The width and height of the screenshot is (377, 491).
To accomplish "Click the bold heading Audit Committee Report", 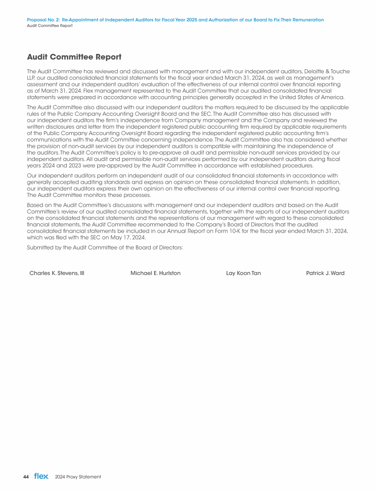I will click(x=74, y=57).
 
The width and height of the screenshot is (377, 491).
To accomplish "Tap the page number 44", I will click(x=26, y=477).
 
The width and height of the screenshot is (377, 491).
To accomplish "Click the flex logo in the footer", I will click(x=41, y=476).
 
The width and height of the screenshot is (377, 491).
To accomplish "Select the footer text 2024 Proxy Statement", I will click(x=78, y=477).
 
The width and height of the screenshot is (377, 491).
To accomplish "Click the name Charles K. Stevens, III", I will click(x=57, y=273).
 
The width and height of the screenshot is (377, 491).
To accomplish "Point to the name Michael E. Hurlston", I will click(x=156, y=273).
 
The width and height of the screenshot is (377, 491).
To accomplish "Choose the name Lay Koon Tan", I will click(x=240, y=273).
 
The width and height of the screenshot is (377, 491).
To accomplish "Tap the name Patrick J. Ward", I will click(x=325, y=273).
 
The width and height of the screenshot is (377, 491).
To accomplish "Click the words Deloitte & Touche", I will click(x=326, y=71).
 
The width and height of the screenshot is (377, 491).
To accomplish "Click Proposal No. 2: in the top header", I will click(x=43, y=20).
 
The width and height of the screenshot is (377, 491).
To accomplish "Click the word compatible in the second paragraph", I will click(x=212, y=146).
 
